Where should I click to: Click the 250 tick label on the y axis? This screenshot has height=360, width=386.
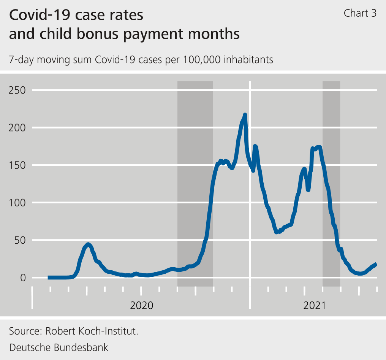[x=17, y=90]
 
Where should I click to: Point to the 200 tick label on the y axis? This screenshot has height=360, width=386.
[x=17, y=128]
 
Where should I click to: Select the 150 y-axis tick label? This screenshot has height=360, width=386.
[x=17, y=165]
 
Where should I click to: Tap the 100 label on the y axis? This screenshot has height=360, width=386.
[x=17, y=203]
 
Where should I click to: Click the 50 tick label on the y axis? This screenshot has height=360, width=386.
[x=19, y=240]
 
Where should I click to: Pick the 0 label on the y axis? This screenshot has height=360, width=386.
[x=22, y=278]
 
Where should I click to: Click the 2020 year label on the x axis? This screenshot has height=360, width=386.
[x=141, y=305]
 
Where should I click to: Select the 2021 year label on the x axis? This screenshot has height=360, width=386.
[x=315, y=305]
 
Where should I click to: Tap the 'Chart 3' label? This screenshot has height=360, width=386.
[x=360, y=13]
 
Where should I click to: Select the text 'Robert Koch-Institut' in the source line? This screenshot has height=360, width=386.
[x=91, y=331]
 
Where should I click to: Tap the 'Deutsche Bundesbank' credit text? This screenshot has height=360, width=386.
[x=59, y=347]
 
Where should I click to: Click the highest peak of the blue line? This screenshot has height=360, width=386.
[x=245, y=115]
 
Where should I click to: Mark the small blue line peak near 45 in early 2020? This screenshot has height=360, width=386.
[x=88, y=244]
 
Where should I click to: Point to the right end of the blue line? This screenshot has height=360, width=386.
[x=376, y=264]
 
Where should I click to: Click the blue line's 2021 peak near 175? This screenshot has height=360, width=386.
[x=318, y=147]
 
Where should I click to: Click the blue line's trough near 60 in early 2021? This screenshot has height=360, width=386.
[x=277, y=231]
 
